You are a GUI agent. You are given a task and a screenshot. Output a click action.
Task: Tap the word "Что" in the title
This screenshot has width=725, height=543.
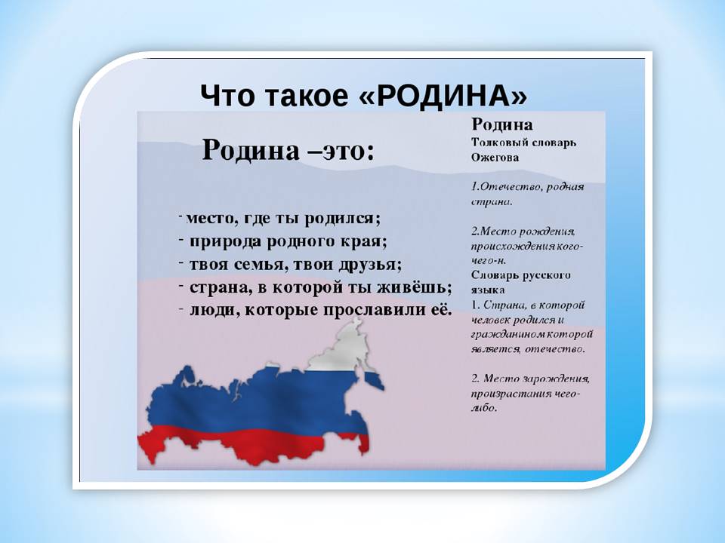tap(227, 96)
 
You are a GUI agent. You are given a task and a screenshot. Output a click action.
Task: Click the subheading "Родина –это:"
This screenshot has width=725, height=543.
tap(288, 149)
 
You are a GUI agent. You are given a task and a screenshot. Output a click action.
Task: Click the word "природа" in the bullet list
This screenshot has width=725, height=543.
tap(225, 242)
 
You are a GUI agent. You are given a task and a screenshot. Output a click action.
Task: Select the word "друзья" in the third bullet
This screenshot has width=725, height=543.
tap(370, 265)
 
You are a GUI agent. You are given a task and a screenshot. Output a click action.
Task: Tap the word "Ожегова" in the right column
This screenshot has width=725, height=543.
tap(495, 158)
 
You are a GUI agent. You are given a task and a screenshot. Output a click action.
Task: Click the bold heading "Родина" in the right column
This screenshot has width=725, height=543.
tap(501, 124)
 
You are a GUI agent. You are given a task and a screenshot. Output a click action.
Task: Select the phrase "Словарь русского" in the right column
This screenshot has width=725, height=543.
tap(520, 276)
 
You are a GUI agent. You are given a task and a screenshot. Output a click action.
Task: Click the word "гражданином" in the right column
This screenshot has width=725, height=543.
tap(508, 335)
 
